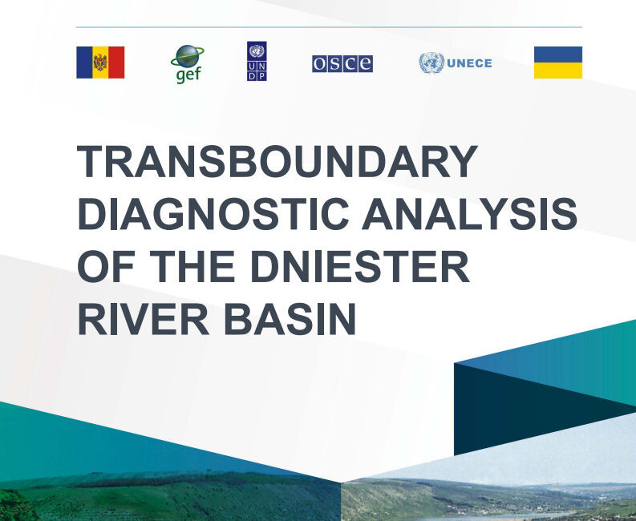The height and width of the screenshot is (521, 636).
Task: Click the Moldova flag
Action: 100,63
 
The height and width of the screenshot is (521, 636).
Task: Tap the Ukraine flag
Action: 558,63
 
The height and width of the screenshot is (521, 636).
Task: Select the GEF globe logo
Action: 188,64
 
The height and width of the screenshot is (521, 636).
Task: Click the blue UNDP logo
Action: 257,61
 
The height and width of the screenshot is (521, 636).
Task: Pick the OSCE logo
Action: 342,63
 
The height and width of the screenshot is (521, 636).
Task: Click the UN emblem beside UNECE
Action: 431,63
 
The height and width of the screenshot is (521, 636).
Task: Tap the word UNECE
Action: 469,63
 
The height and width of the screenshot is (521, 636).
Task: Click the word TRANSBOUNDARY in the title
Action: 277,161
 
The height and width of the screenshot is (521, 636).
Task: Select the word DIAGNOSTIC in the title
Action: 213,214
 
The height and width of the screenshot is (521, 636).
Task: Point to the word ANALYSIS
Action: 469,214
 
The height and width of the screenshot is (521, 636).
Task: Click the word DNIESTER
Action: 360,266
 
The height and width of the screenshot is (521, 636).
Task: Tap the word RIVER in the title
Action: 144,319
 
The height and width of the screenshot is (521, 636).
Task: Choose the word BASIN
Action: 290,319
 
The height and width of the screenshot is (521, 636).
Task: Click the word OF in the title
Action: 106,266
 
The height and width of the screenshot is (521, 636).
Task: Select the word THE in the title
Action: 192,266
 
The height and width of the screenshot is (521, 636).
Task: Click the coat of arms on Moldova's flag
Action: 100,63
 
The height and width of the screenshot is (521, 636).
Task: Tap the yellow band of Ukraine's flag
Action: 558,71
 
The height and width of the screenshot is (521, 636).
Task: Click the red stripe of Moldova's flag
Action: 116,63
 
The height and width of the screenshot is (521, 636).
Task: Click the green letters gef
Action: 188,75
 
